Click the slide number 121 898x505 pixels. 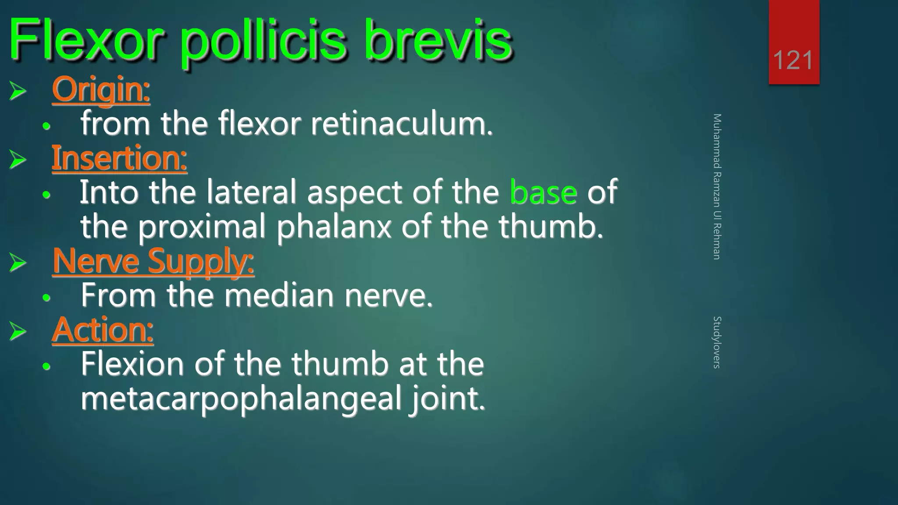[793, 60]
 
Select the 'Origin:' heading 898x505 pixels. [101, 89]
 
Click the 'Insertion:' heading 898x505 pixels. [119, 158]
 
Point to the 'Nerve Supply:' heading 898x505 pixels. [153, 261]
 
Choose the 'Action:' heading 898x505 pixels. [103, 330]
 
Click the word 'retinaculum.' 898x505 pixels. [402, 124]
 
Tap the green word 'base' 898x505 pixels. [543, 192]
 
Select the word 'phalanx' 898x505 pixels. [334, 227]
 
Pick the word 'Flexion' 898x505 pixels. [132, 364]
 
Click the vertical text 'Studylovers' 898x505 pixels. [717, 342]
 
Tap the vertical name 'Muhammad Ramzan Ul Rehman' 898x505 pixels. [717, 187]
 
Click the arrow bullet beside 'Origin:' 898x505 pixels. [18, 91]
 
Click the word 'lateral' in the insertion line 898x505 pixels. [251, 192]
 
